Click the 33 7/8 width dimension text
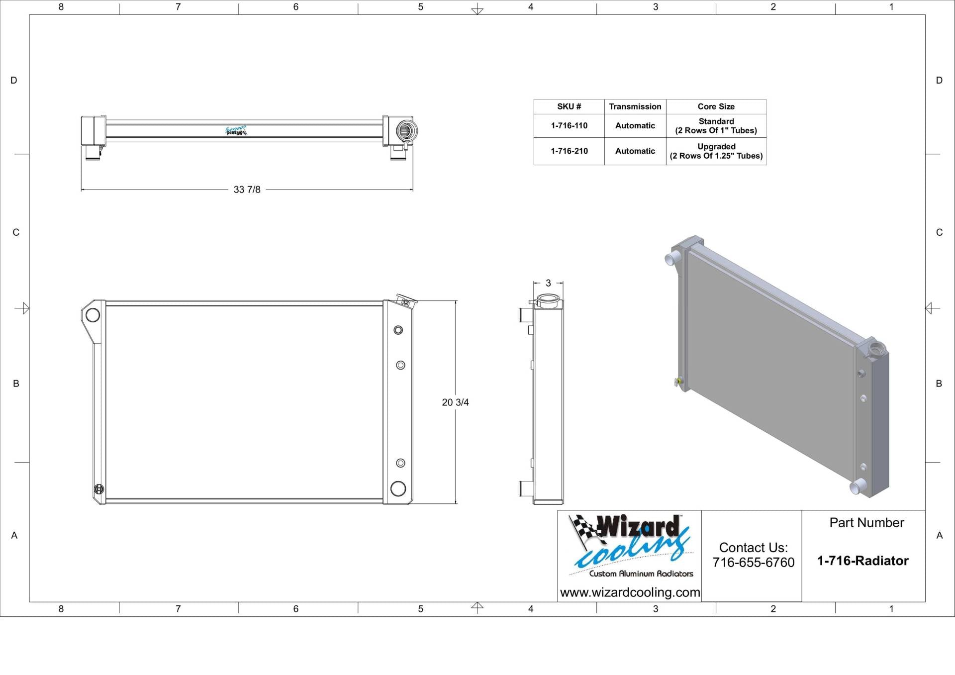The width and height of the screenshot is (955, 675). [247, 190]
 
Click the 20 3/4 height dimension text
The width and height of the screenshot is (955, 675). [455, 402]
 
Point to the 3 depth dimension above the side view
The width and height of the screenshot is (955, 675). [548, 283]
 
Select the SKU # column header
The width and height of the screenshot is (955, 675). [569, 106]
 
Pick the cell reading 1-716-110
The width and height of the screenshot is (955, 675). [569, 126]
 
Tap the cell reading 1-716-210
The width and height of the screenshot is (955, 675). [569, 151]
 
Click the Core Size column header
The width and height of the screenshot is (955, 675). [715, 106]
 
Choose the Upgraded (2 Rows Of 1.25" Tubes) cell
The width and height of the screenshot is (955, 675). [715, 151]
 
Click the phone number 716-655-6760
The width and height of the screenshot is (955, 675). [753, 563]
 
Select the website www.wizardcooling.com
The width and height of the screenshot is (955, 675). [630, 592]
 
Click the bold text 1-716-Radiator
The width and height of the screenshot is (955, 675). [862, 561]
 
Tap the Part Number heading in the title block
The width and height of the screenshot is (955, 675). [866, 523]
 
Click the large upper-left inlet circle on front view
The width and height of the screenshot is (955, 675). [93, 314]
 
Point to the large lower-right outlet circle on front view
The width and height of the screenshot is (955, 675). [398, 488]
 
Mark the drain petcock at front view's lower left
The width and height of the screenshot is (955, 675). [99, 489]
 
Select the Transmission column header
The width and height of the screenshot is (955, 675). [635, 106]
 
